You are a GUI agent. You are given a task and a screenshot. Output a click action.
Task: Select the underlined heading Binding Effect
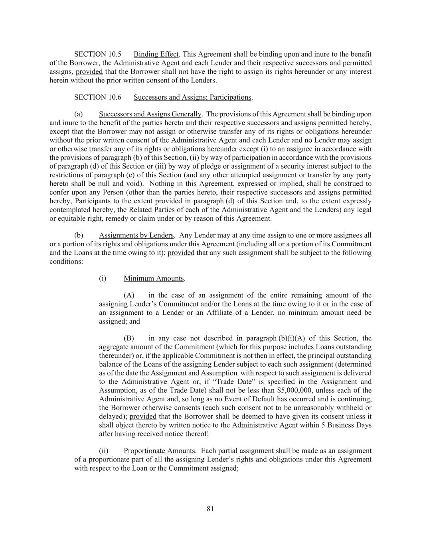click(156, 54)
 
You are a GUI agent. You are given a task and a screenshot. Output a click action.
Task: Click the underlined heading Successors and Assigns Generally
click(150, 115)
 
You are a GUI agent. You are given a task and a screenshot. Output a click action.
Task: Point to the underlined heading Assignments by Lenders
click(136, 235)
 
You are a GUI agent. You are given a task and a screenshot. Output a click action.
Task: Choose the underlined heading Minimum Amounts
click(154, 278)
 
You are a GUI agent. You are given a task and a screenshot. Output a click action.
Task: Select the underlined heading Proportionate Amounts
click(159, 451)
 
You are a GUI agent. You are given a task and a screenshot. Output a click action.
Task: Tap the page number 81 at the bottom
click(211, 509)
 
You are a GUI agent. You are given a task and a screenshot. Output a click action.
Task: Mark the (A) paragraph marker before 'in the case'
click(129, 295)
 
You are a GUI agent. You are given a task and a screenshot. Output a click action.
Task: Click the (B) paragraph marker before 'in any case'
click(129, 338)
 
